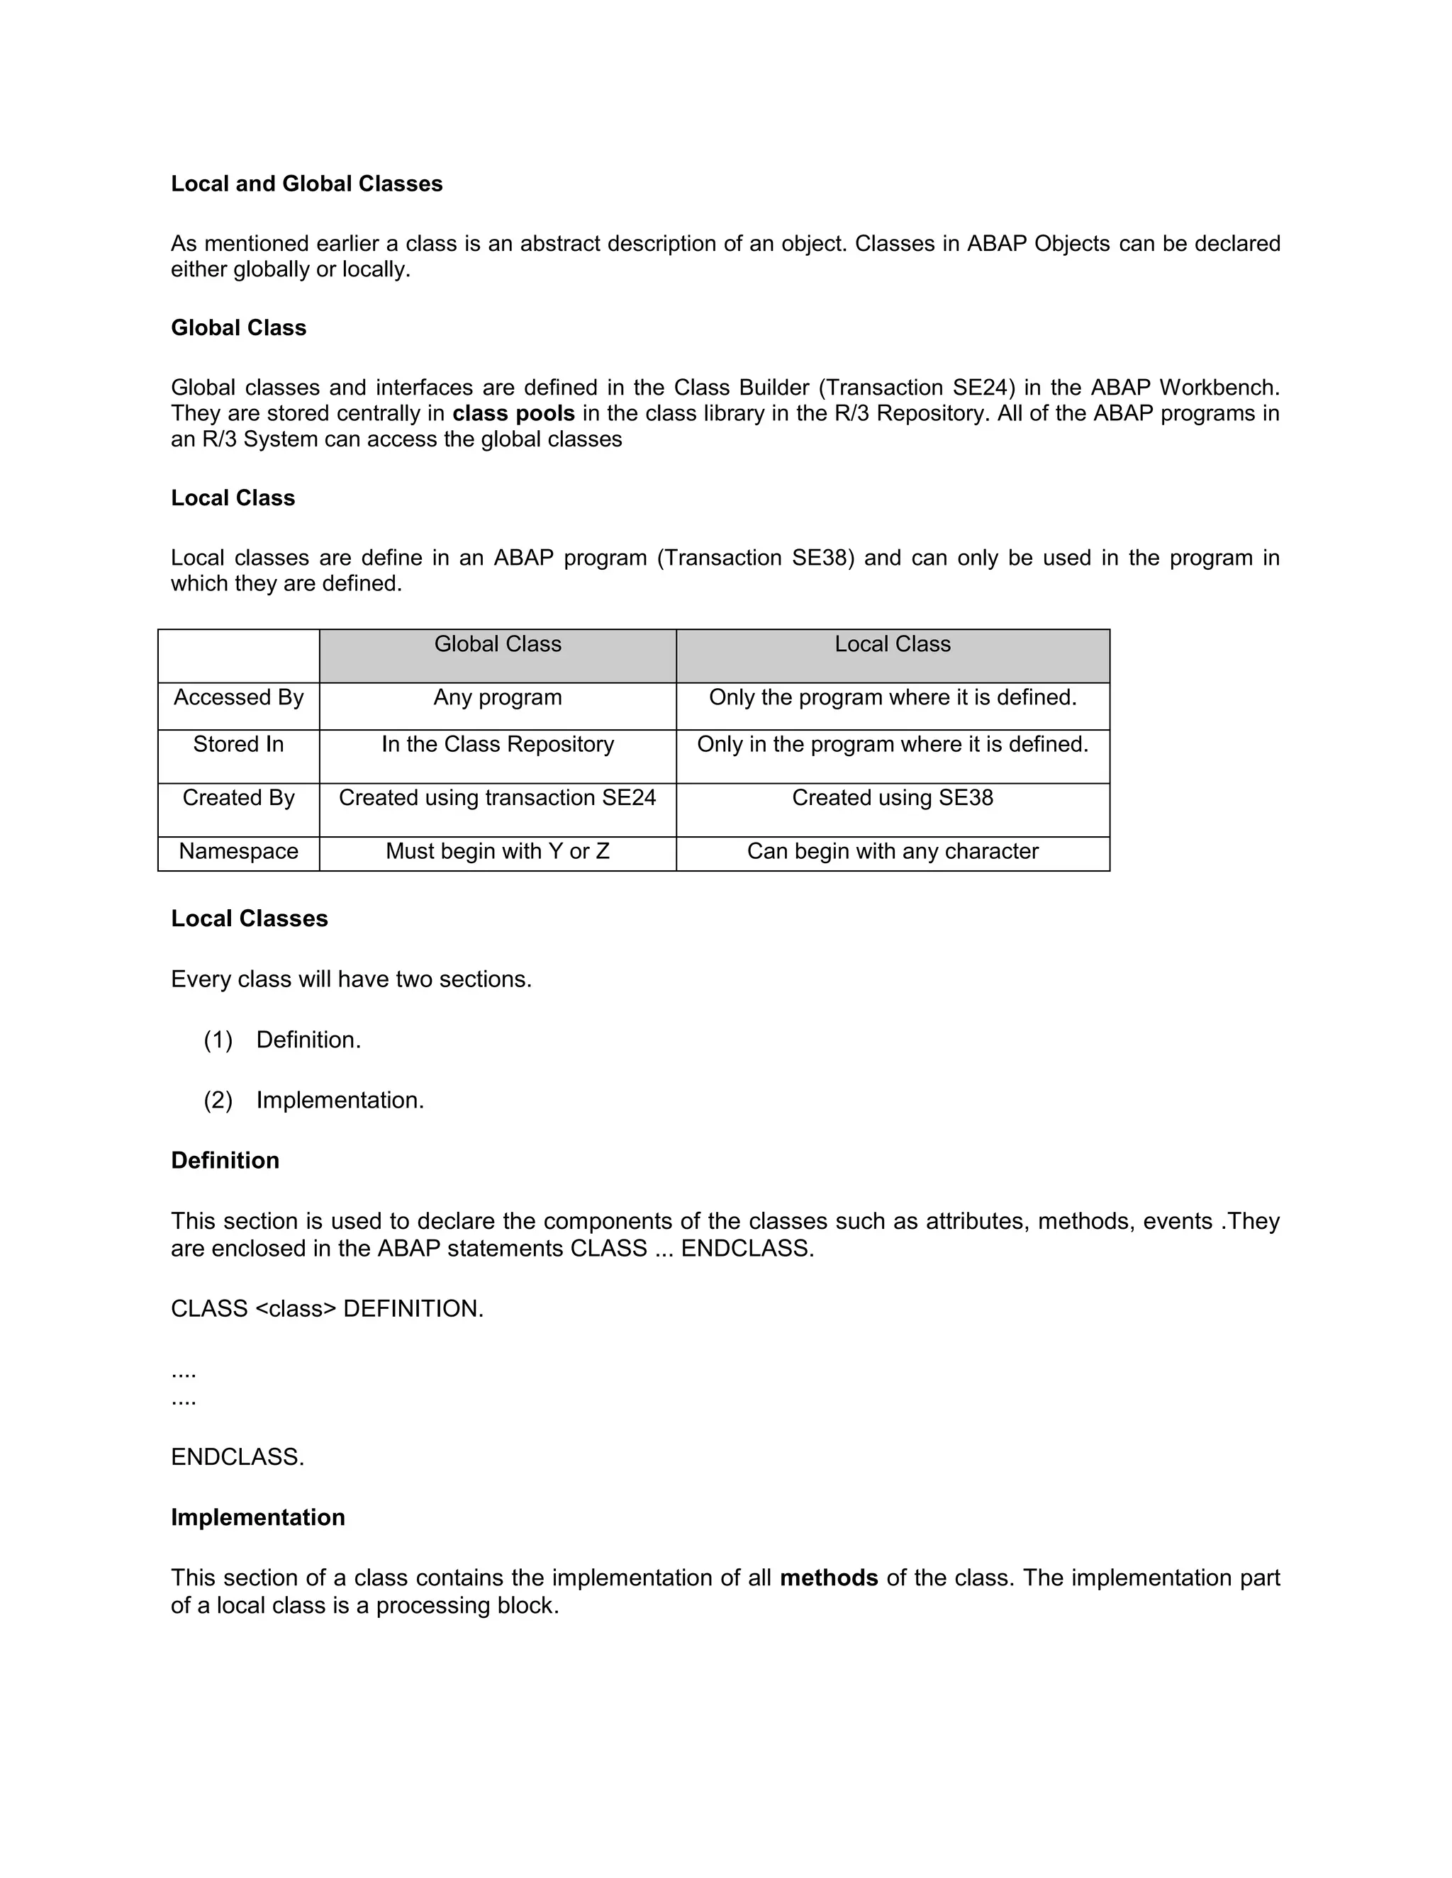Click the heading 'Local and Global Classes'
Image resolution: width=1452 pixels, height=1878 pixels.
(x=306, y=184)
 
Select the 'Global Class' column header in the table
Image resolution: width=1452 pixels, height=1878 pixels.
(x=497, y=644)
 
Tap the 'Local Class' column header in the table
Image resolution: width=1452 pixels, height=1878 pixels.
(x=892, y=644)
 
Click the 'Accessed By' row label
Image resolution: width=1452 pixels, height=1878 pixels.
(x=238, y=697)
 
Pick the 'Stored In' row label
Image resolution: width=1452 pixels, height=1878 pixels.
(x=238, y=745)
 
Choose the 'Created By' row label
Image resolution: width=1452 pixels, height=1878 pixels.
(x=238, y=798)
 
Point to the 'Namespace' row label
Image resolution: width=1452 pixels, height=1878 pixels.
(x=238, y=851)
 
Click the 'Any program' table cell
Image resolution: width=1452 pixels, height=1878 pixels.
(x=497, y=697)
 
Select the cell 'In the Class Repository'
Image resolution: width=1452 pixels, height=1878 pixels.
(x=497, y=745)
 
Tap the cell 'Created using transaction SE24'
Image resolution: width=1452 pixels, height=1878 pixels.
(x=497, y=798)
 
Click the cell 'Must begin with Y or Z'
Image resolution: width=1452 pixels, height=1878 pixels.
(x=497, y=851)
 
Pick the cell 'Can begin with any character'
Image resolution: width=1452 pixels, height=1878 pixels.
(x=892, y=851)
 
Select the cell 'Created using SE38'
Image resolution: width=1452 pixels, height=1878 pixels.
(x=892, y=798)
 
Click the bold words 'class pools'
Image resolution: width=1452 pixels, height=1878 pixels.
(x=513, y=414)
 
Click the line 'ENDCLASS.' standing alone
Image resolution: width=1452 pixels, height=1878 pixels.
(x=238, y=1458)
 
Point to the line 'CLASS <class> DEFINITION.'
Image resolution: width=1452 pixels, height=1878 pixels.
(x=327, y=1309)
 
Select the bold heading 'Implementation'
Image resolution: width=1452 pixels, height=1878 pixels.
(x=258, y=1518)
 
